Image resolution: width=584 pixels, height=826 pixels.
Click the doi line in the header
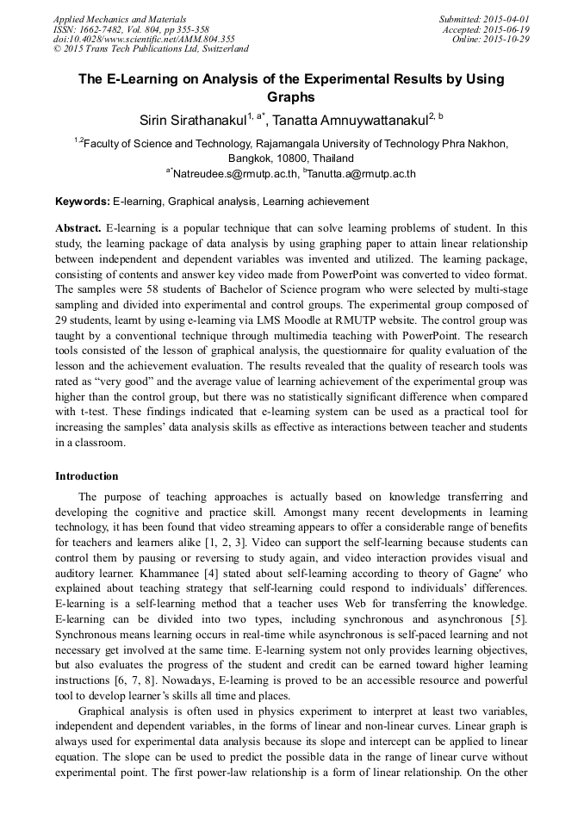click(x=144, y=39)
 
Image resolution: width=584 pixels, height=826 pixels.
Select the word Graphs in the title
click(x=291, y=98)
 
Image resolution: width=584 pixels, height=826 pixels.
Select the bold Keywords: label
click(x=83, y=202)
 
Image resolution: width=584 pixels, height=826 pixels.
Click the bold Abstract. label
click(x=78, y=228)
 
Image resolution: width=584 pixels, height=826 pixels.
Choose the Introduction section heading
click(x=87, y=476)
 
